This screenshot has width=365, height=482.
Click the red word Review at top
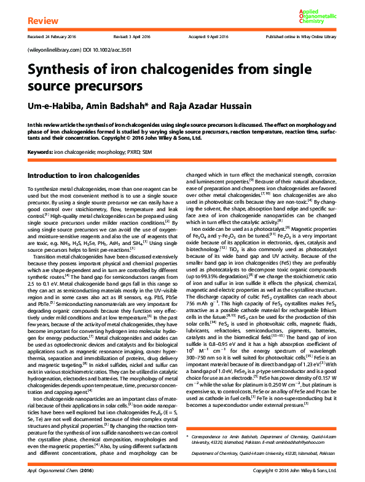click(x=41, y=22)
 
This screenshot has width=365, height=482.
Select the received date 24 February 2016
click(x=51, y=37)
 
